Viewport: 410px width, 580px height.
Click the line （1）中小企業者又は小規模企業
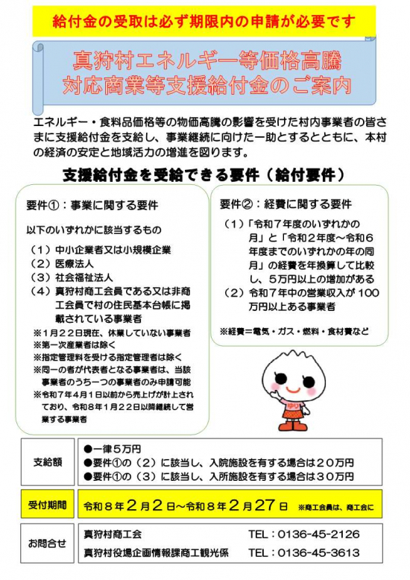[101, 249]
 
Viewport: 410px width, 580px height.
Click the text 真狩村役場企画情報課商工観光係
[155, 553]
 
